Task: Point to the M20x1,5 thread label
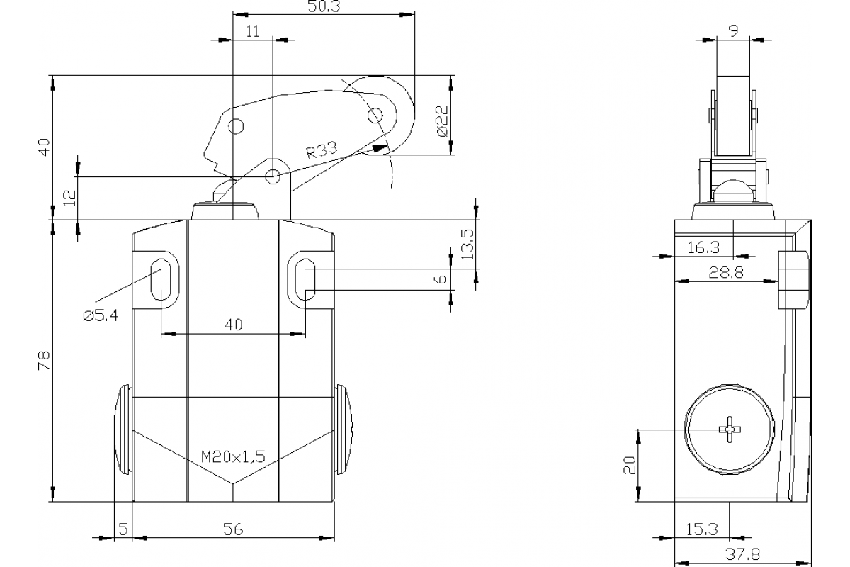coord(233,456)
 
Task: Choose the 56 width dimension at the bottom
coord(233,529)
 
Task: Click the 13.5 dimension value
coord(466,244)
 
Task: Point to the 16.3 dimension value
coord(703,247)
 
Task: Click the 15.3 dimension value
coord(702,529)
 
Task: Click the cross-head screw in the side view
coord(729,430)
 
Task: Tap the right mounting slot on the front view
coord(305,280)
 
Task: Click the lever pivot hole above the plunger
coord(273,176)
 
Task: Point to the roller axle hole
coord(375,115)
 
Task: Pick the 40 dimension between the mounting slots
coord(233,325)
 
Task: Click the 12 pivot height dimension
coord(68,198)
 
